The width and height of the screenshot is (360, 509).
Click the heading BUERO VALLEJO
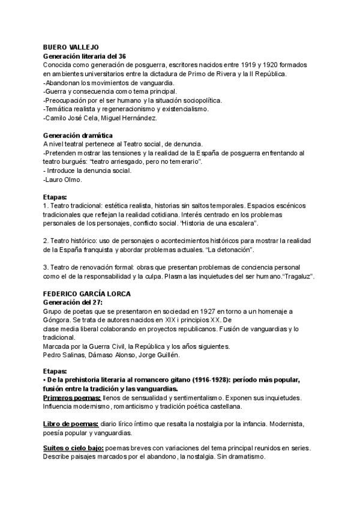point(71,46)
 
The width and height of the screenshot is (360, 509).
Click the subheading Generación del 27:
point(73,303)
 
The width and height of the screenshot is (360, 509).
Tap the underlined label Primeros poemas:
point(72,399)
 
